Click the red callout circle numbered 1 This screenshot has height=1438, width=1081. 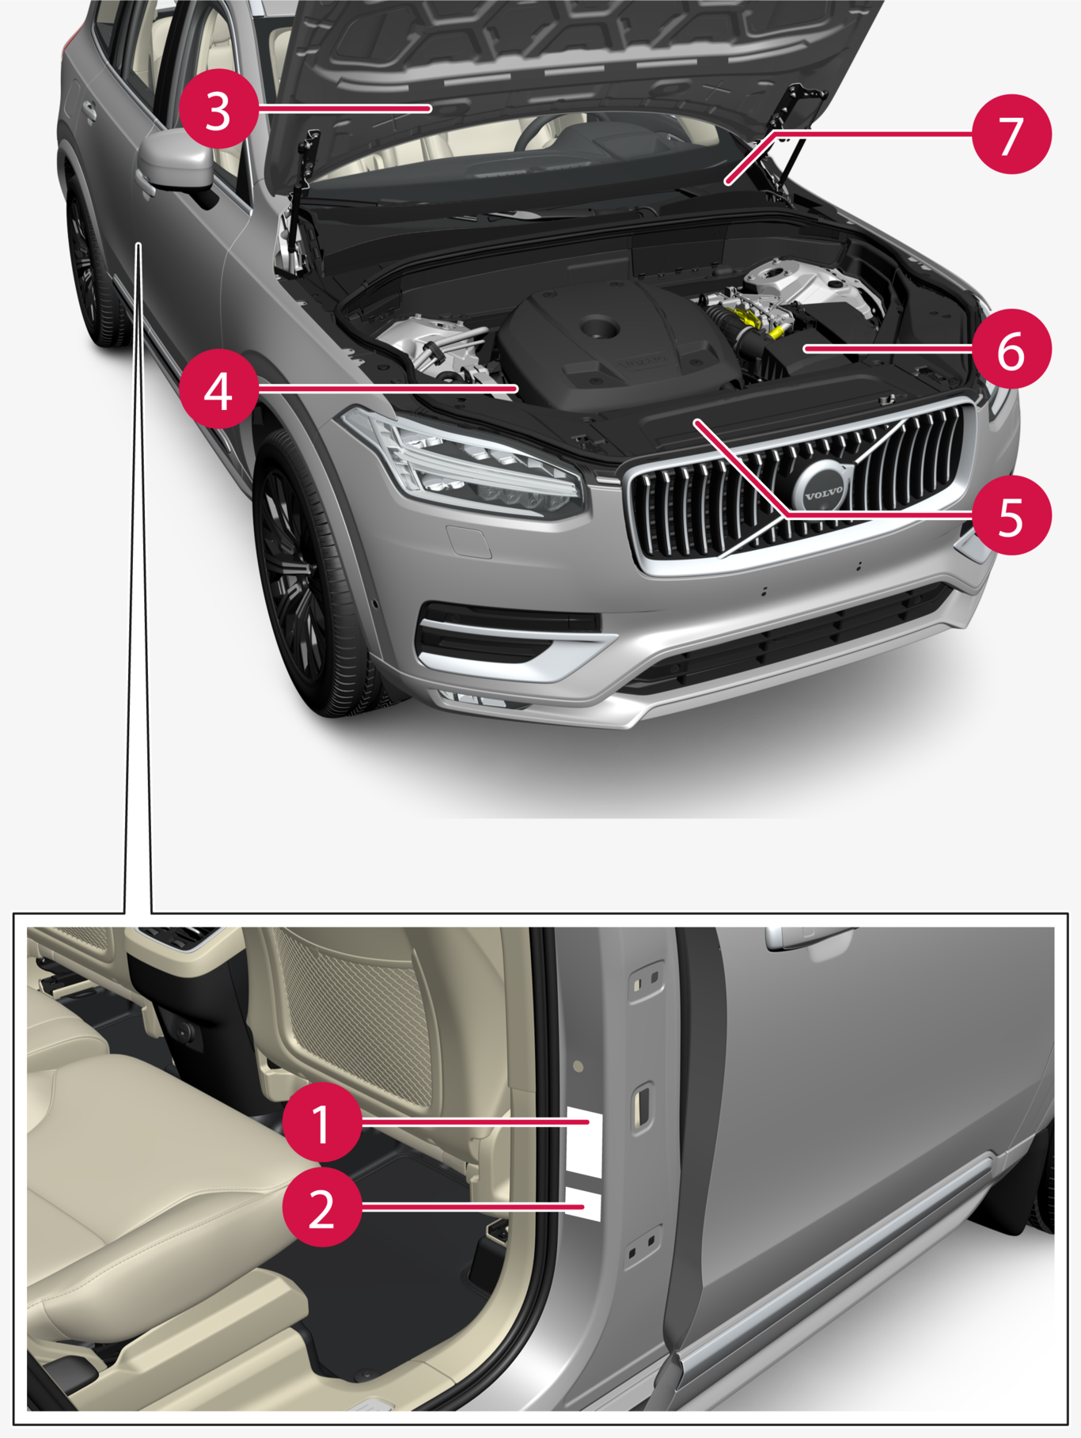point(322,1123)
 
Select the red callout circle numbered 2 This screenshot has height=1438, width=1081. point(322,1207)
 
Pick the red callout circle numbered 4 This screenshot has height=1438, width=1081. point(218,389)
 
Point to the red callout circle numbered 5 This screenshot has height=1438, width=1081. point(1011,514)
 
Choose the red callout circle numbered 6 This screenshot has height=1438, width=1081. point(1011,348)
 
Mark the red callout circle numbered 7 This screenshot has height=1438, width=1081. point(1011,133)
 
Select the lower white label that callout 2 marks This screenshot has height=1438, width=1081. point(585,1203)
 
